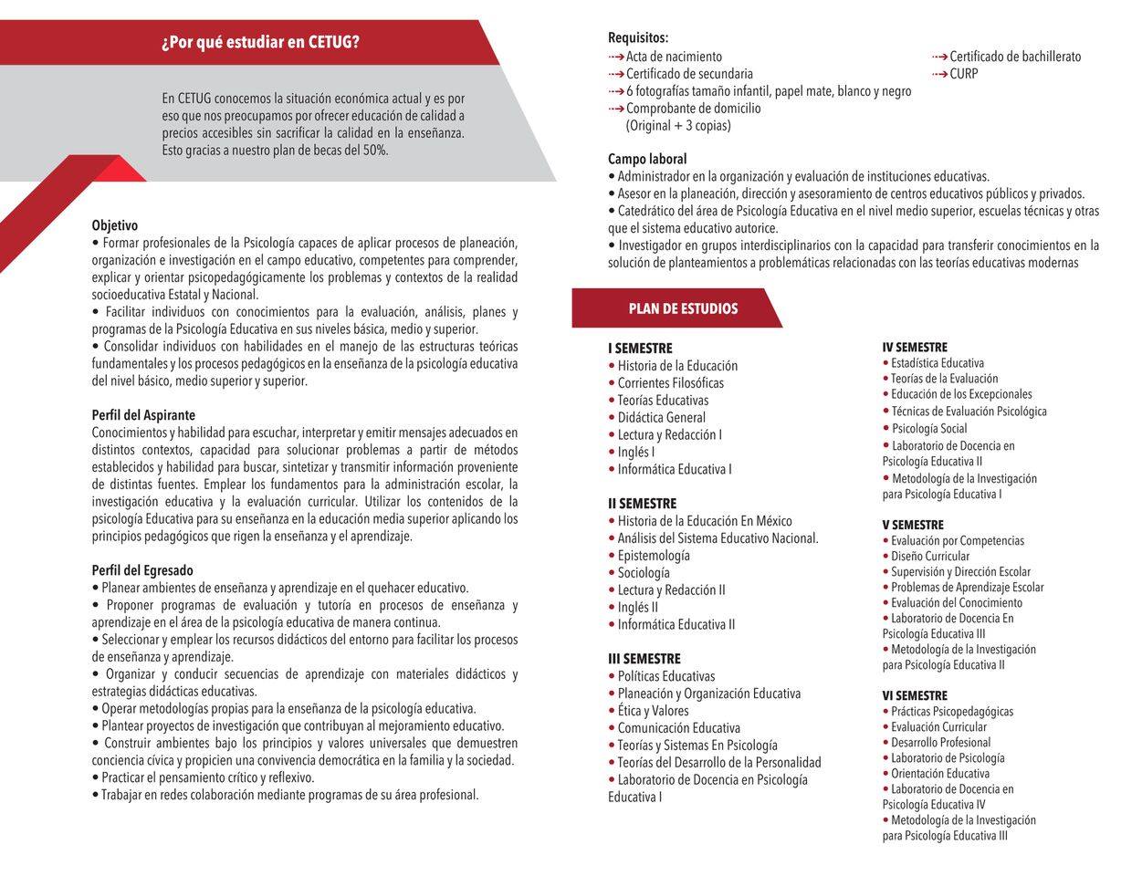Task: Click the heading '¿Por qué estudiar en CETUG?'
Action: pos(260,43)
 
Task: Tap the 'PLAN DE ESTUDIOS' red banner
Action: pos(683,308)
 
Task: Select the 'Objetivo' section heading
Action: pos(115,225)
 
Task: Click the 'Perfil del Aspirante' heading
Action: pos(143,415)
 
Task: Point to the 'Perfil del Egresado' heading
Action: pos(142,570)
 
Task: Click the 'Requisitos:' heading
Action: pos(638,37)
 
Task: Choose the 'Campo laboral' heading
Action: pos(647,159)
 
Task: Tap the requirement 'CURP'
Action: pos(963,74)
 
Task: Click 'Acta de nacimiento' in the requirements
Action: pos(674,57)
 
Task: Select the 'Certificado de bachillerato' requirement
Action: pos(1014,57)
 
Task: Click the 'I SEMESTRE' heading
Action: pos(640,349)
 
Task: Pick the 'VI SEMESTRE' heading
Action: pos(915,695)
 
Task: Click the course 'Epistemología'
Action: pos(654,556)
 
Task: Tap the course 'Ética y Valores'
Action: pos(653,711)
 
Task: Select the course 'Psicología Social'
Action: pos(929,429)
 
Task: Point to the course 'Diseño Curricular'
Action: pos(930,557)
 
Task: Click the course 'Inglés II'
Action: pos(637,608)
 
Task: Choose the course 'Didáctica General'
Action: pos(661,418)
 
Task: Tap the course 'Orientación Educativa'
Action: pos(940,774)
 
